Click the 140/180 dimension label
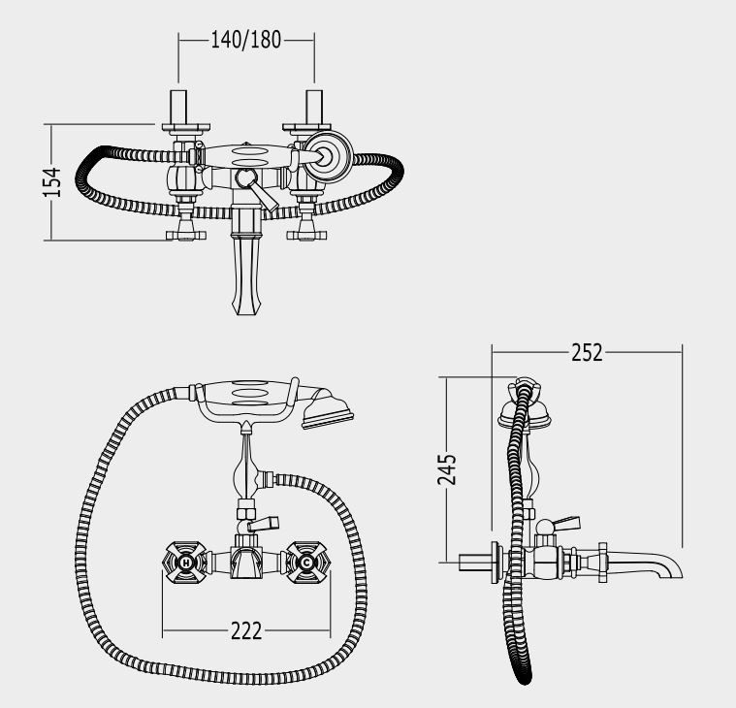245,40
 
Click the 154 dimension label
52,181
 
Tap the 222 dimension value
246,631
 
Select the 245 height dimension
447,469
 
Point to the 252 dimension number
587,353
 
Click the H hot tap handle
185,562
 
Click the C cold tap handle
306,562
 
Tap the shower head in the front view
328,408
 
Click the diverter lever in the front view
263,524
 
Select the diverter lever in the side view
566,524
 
